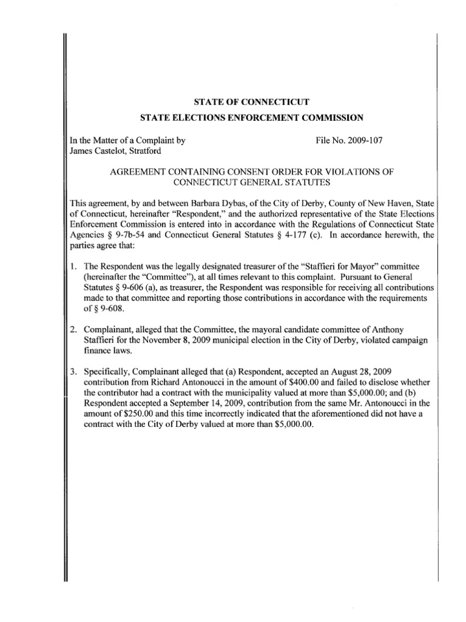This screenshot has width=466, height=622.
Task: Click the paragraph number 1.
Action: coord(73,265)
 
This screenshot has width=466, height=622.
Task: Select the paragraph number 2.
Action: coord(73,329)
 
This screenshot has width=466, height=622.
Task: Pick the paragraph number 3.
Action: coord(73,371)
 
